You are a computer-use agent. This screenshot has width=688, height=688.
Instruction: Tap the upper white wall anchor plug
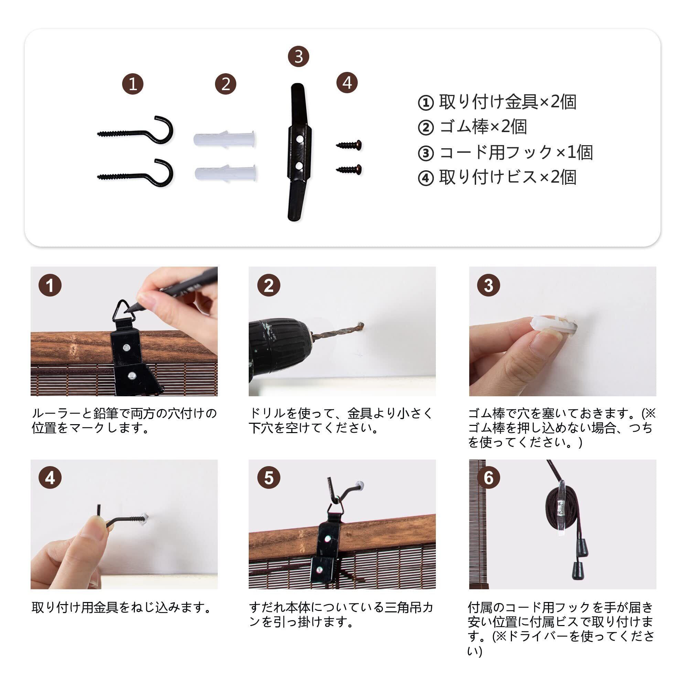(225, 139)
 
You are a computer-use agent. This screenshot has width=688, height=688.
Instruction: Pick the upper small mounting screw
(349, 144)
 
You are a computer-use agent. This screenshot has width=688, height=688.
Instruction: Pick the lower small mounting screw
(349, 169)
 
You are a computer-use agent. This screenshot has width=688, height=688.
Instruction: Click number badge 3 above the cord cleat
(298, 56)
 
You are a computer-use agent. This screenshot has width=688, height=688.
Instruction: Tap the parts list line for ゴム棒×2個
(472, 127)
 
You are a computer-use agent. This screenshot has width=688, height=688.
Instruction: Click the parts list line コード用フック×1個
(505, 152)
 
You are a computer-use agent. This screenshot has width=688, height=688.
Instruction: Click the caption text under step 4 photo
(121, 608)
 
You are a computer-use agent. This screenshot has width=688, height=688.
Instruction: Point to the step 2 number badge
(269, 285)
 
